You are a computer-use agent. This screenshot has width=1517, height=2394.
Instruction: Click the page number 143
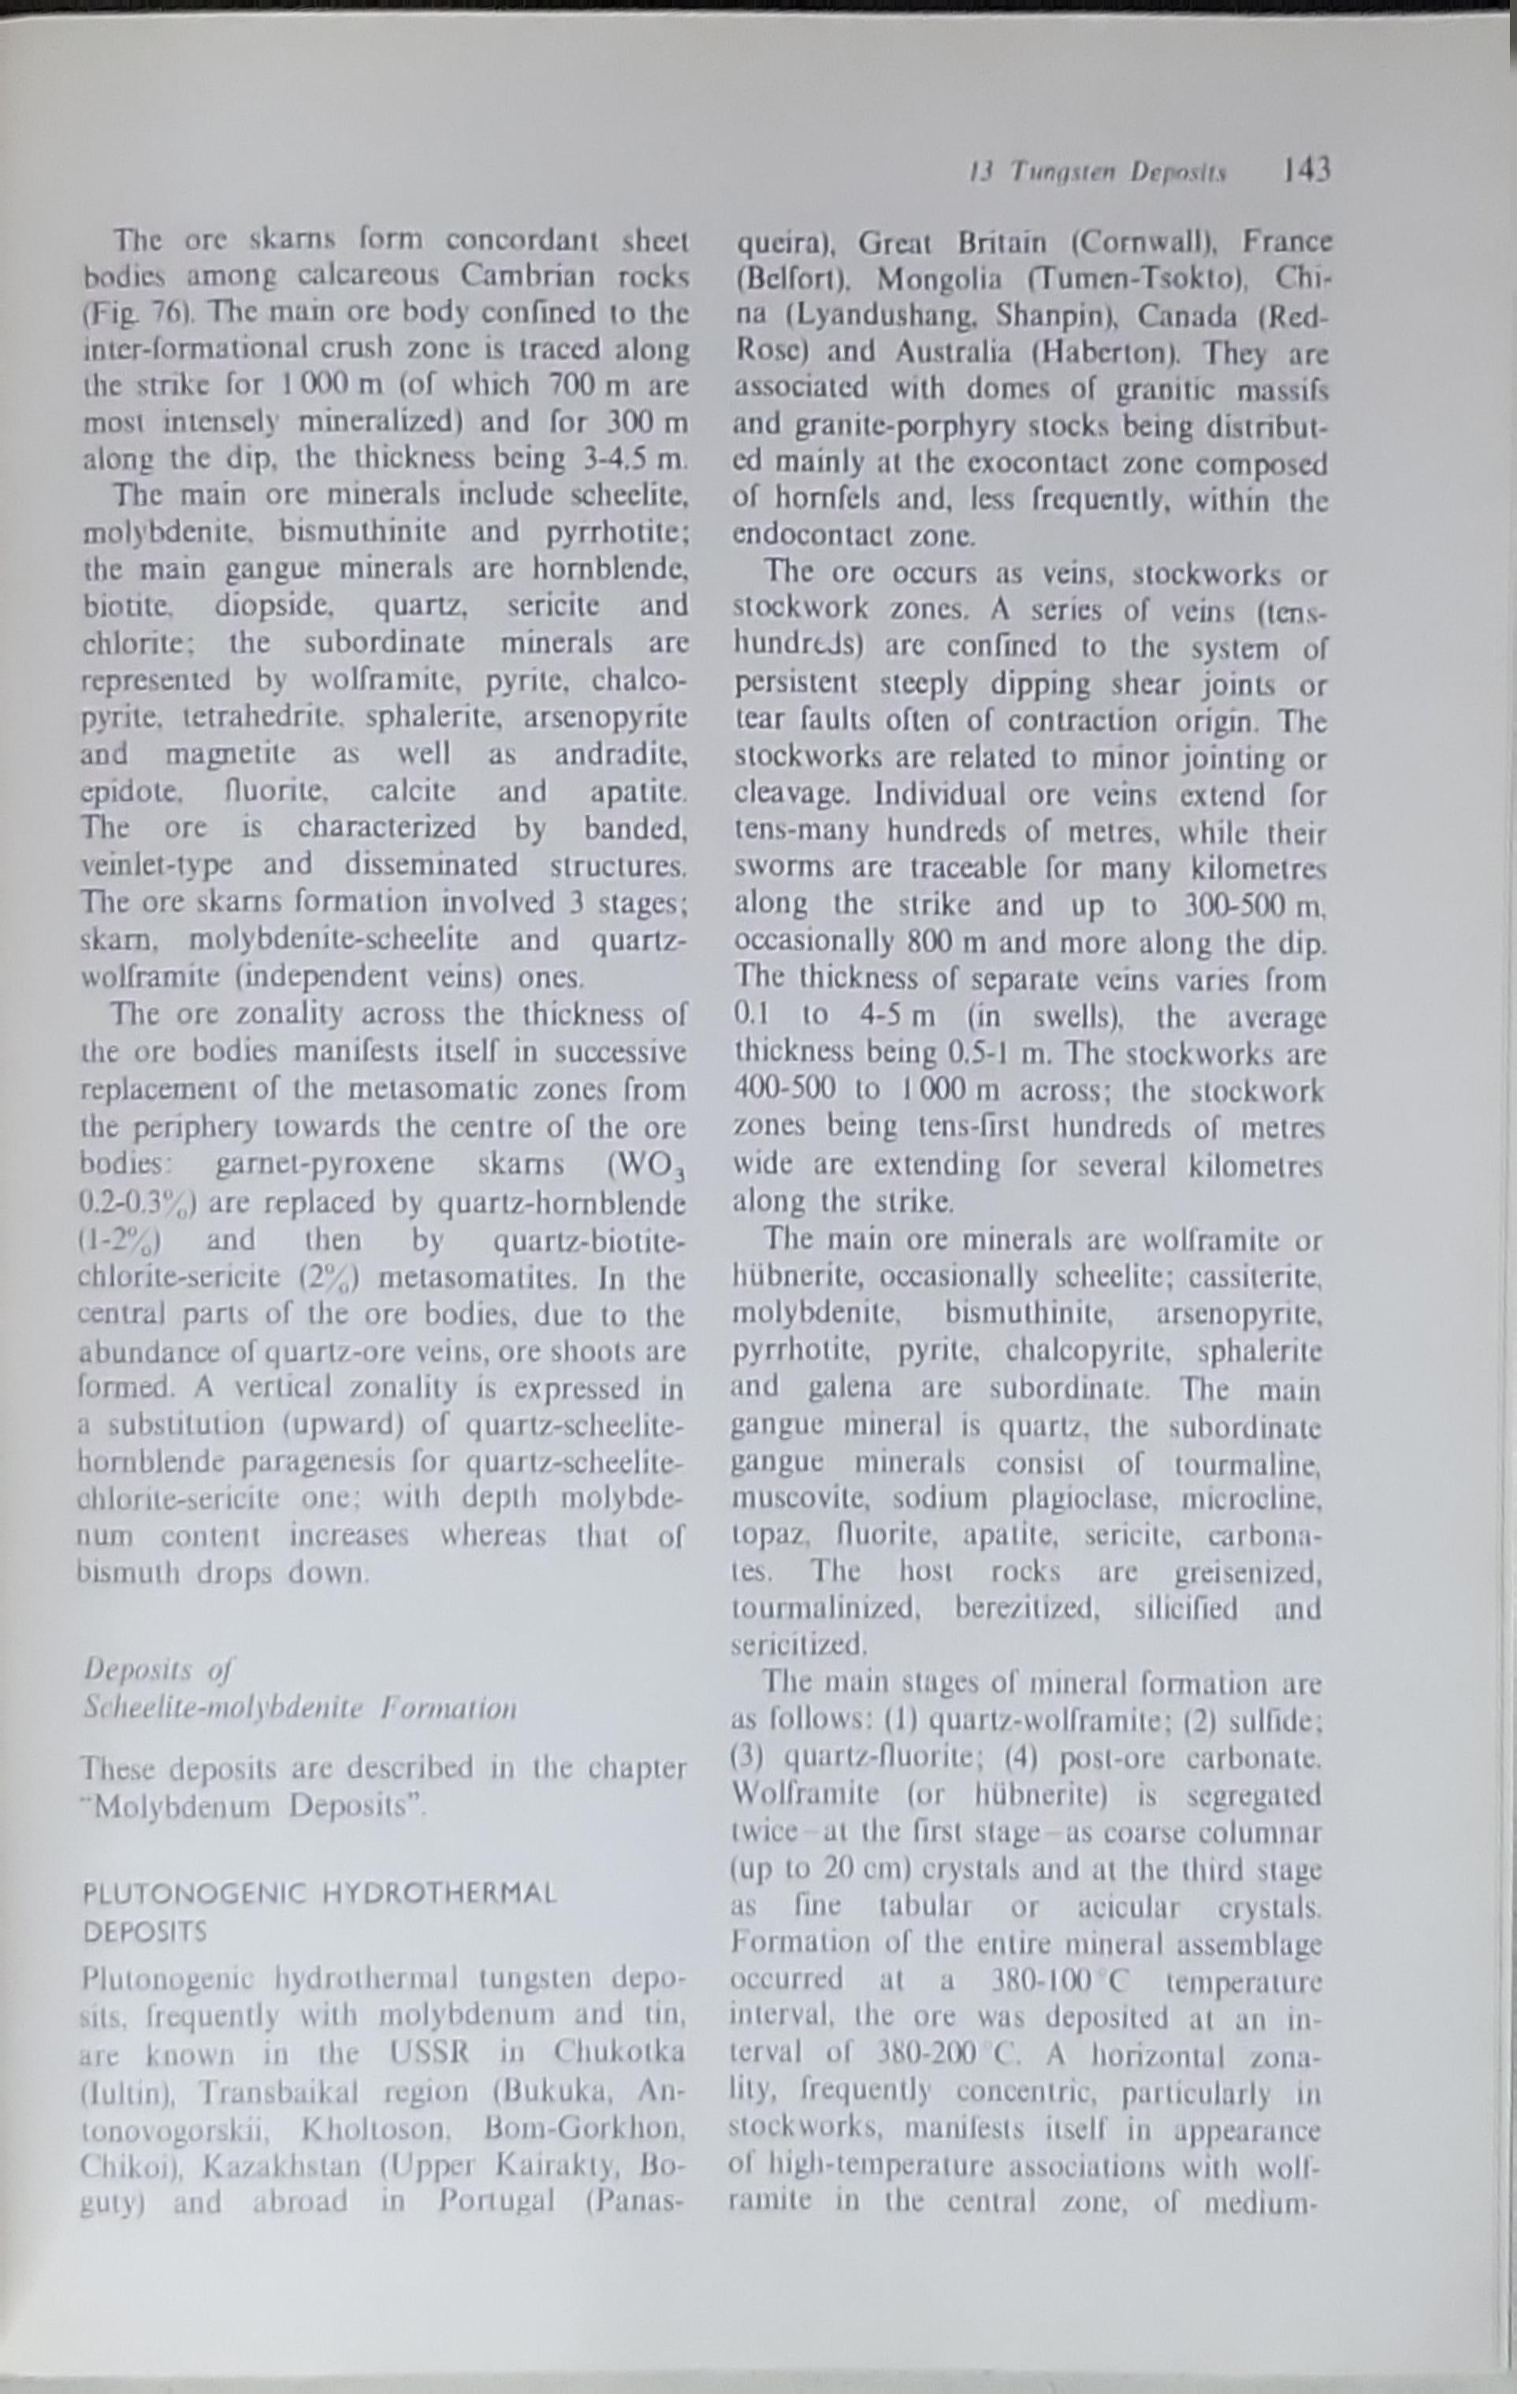click(x=1305, y=171)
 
